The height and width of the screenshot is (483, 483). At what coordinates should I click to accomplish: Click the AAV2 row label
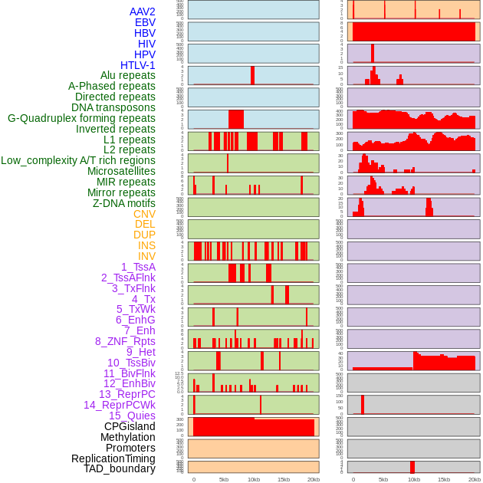[x=143, y=11]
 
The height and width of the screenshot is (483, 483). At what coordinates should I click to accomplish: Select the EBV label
[x=145, y=22]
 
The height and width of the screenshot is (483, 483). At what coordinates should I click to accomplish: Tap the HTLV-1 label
[x=138, y=65]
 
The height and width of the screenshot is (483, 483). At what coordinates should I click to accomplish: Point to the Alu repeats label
[x=128, y=76]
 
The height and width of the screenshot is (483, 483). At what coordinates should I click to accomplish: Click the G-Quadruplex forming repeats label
[x=81, y=118]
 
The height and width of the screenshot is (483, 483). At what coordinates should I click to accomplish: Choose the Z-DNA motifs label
[x=124, y=203]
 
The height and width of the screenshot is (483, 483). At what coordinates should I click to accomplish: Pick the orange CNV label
[x=144, y=214]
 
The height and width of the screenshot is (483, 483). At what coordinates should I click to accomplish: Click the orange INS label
[x=146, y=245]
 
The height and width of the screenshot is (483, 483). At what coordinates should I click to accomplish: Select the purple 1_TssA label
[x=138, y=267]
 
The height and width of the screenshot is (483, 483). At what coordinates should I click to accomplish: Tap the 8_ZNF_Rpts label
[x=125, y=341]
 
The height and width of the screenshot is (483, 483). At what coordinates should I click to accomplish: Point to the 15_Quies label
[x=132, y=416]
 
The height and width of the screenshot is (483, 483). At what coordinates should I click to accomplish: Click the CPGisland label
[x=130, y=426]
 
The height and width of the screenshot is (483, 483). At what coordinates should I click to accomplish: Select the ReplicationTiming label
[x=113, y=458]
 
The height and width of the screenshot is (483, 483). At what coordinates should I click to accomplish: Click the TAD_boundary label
[x=120, y=468]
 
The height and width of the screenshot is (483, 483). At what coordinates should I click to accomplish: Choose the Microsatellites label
[x=121, y=171]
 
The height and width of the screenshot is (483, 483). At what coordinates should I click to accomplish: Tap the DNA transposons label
[x=113, y=107]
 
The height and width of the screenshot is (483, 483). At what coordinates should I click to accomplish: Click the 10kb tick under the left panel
[x=254, y=479]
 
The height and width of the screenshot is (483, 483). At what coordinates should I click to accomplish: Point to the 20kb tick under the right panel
[x=474, y=479]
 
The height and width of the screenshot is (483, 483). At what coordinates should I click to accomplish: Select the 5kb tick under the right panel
[x=383, y=479]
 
